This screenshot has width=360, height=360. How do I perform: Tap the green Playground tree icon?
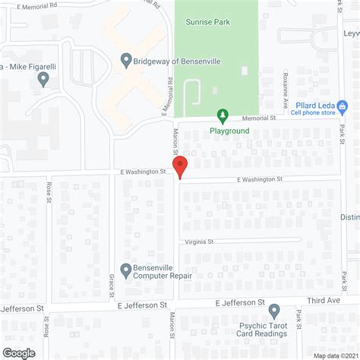pos(223,115)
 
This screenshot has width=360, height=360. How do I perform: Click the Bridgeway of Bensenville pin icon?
pos(126,60)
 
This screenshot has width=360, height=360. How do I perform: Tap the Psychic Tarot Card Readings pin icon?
pos(274,311)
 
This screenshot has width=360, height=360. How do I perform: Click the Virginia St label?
pos(199,242)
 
